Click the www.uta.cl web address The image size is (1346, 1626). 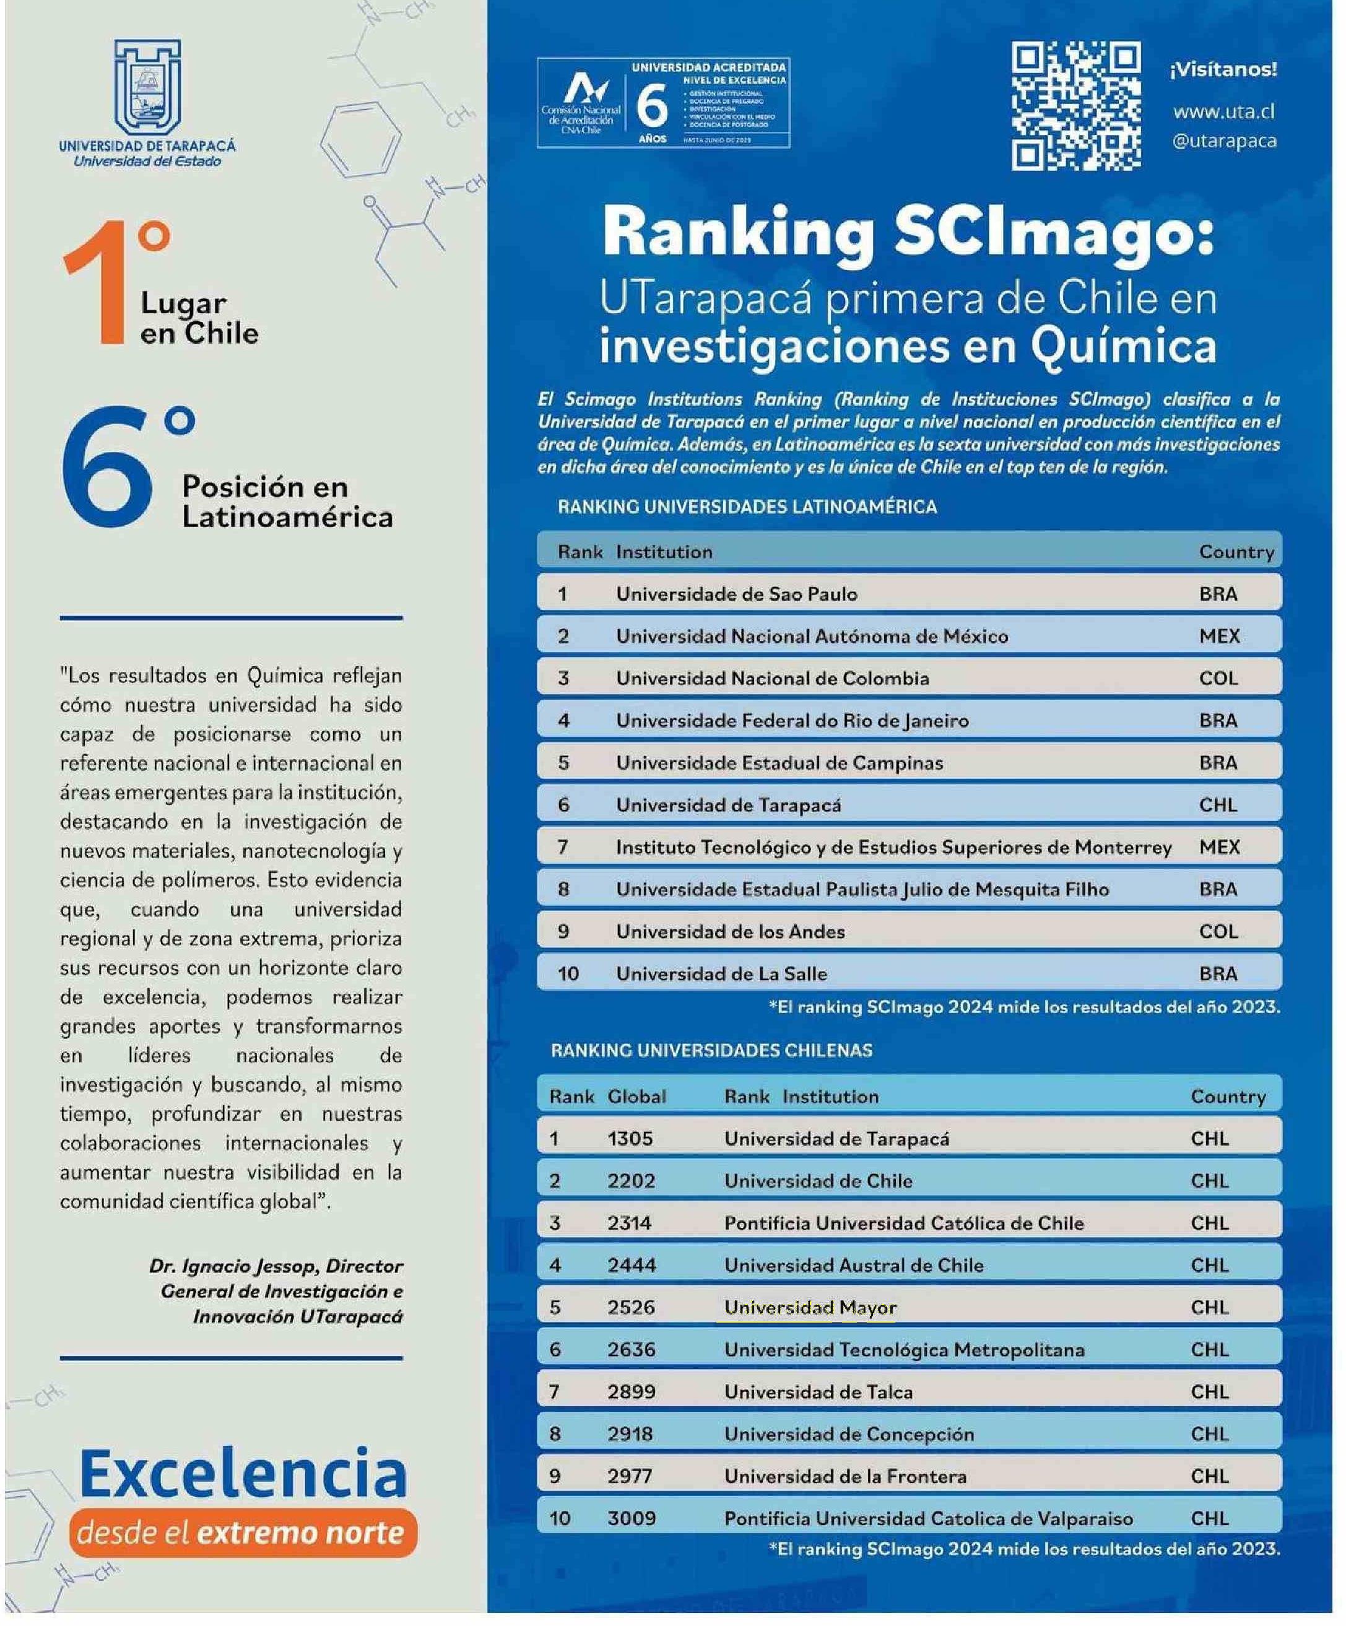pos(1223,111)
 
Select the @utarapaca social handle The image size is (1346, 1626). pos(1223,141)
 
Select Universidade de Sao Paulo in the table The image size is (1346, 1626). pos(736,594)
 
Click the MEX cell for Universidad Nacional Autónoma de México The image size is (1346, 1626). pos(1219,636)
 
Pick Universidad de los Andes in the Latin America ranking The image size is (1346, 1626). pos(730,931)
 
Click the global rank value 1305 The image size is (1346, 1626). pos(630,1138)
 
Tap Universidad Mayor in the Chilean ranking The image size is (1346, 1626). pos(810,1307)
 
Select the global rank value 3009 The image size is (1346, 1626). pos(632,1518)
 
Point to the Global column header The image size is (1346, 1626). pos(636,1097)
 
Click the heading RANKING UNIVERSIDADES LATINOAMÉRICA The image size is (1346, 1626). pos(747,507)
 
